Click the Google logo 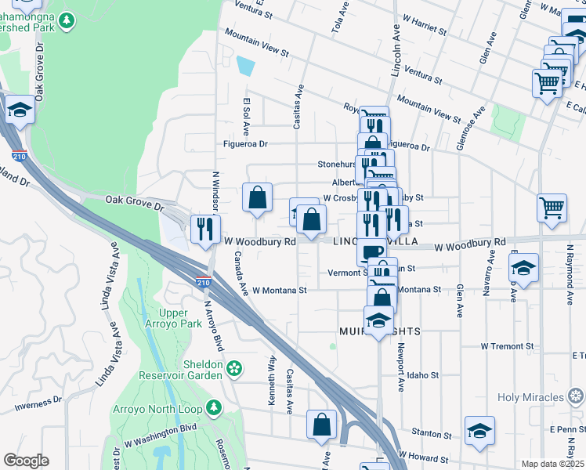26,461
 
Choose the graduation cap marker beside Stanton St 479,432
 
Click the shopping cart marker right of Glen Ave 552,208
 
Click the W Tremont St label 507,345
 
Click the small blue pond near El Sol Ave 245,65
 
